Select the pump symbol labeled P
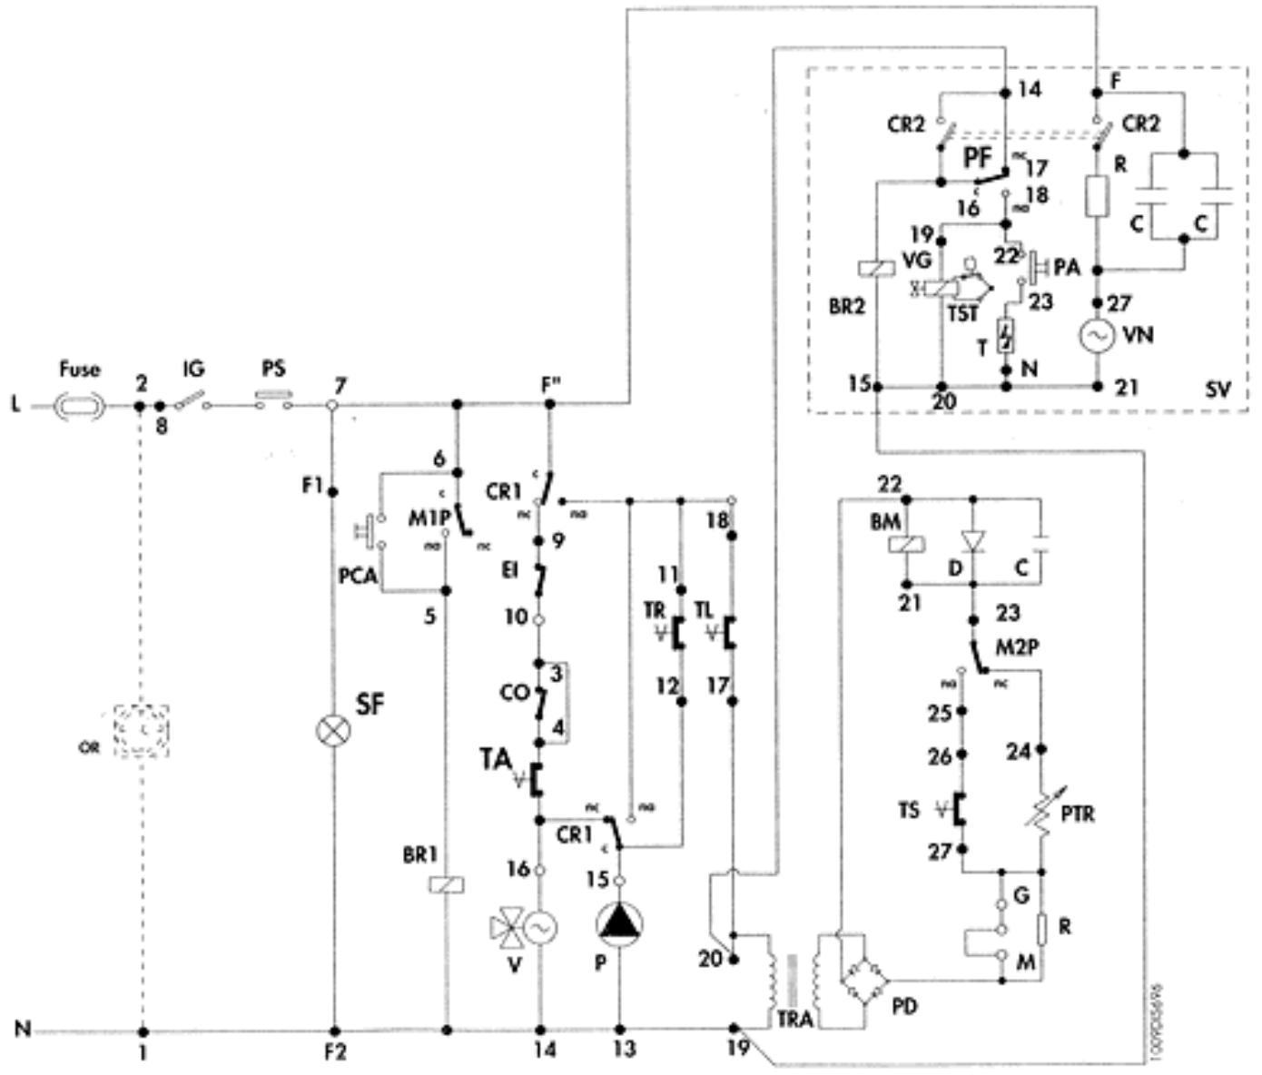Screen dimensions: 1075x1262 619,923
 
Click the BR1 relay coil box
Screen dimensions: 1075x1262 446,883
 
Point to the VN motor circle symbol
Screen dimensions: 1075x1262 1096,336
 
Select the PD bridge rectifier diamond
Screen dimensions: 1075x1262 862,981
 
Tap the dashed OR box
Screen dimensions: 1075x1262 141,732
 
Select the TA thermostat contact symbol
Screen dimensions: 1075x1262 536,780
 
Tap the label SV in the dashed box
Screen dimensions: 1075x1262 1218,390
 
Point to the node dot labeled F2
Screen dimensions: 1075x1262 335,1031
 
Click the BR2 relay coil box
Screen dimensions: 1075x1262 875,268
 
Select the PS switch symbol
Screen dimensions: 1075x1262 273,400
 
